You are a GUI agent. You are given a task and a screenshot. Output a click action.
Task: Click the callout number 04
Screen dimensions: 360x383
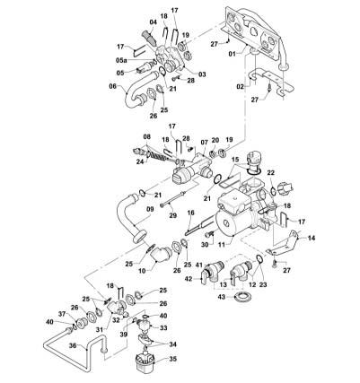tap(153, 22)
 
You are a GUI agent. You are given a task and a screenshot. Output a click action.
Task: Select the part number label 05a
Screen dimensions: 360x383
tap(121, 60)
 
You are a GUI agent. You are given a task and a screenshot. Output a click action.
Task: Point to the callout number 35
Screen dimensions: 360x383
tap(172, 359)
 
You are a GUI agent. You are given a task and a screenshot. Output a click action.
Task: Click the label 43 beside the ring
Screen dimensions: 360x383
tap(223, 297)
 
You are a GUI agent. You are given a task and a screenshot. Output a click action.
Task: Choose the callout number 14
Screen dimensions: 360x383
tap(312, 239)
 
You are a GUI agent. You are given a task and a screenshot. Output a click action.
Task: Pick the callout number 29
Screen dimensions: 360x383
tap(173, 215)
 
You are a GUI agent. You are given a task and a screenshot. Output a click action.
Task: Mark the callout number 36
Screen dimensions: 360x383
tap(73, 345)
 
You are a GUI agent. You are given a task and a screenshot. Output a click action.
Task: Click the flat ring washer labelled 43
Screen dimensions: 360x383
tap(243, 298)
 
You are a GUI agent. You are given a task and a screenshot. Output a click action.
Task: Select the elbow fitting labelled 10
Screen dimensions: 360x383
tap(163, 254)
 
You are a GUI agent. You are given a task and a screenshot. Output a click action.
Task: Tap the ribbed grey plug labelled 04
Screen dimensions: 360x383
tap(149, 38)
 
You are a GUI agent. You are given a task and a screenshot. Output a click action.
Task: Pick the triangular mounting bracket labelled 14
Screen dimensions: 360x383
tap(283, 243)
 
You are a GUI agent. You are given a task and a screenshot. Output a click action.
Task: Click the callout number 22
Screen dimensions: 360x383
tap(270, 173)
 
